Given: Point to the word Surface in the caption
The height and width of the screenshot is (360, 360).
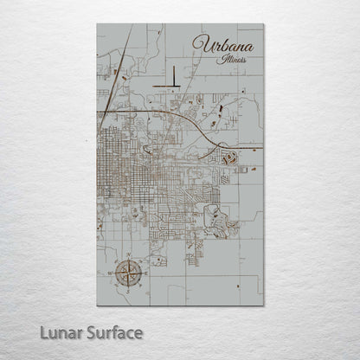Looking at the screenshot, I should point(112,332).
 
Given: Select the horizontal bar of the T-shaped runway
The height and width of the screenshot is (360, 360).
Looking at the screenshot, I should point(169,87).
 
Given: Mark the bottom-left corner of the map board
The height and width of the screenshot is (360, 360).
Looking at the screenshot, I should point(97,305).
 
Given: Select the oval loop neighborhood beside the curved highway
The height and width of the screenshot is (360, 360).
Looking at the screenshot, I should point(230,158).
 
